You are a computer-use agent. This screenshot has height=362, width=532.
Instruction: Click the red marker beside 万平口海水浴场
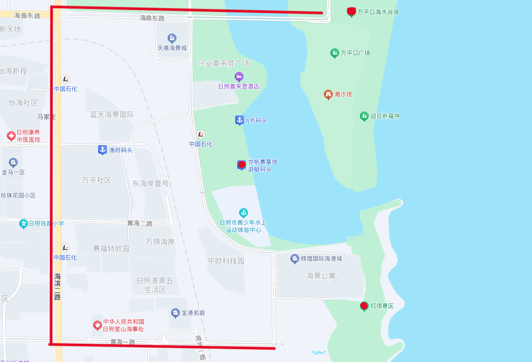(x=351, y=11)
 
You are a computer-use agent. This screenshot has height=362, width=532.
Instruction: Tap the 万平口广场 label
(x=355, y=53)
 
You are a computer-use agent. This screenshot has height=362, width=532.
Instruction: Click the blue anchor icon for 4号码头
(x=239, y=120)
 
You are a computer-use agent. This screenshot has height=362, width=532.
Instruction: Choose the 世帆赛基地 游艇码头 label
(x=262, y=165)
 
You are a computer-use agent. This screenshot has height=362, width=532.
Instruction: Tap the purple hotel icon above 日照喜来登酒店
(x=239, y=77)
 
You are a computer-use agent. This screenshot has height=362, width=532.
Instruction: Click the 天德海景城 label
(x=172, y=48)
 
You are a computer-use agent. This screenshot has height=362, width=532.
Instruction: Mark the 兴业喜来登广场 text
(x=223, y=63)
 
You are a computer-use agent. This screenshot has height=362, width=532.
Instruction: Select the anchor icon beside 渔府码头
(x=102, y=149)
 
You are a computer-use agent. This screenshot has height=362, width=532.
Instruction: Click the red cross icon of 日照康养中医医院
(x=11, y=136)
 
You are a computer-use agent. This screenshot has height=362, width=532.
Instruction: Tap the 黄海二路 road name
(x=140, y=223)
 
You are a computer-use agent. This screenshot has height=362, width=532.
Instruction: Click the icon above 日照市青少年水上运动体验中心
(x=243, y=213)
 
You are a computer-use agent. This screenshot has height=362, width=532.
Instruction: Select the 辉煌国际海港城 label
(x=321, y=258)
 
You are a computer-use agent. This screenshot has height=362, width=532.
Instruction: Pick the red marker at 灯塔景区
(x=364, y=306)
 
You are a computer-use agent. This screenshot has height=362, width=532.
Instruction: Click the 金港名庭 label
(x=193, y=313)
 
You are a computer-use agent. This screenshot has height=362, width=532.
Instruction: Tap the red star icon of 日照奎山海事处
(x=98, y=326)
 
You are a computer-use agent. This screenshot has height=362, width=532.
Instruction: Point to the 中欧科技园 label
(x=226, y=261)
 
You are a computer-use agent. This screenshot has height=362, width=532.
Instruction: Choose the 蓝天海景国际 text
(x=112, y=114)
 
